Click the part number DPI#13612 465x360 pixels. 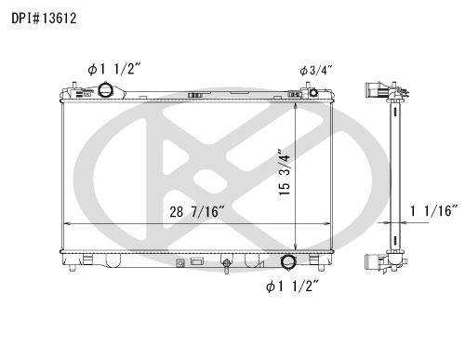(44, 19)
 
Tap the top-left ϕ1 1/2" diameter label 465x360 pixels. (114, 69)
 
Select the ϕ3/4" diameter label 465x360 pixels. (316, 71)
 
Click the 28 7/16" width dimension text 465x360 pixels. (196, 212)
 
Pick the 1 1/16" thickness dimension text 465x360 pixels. (433, 211)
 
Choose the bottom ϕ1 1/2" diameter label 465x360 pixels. (292, 287)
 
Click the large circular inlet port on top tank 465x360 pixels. (105, 90)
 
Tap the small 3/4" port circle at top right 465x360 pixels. (313, 92)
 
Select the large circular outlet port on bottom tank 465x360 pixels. (288, 261)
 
